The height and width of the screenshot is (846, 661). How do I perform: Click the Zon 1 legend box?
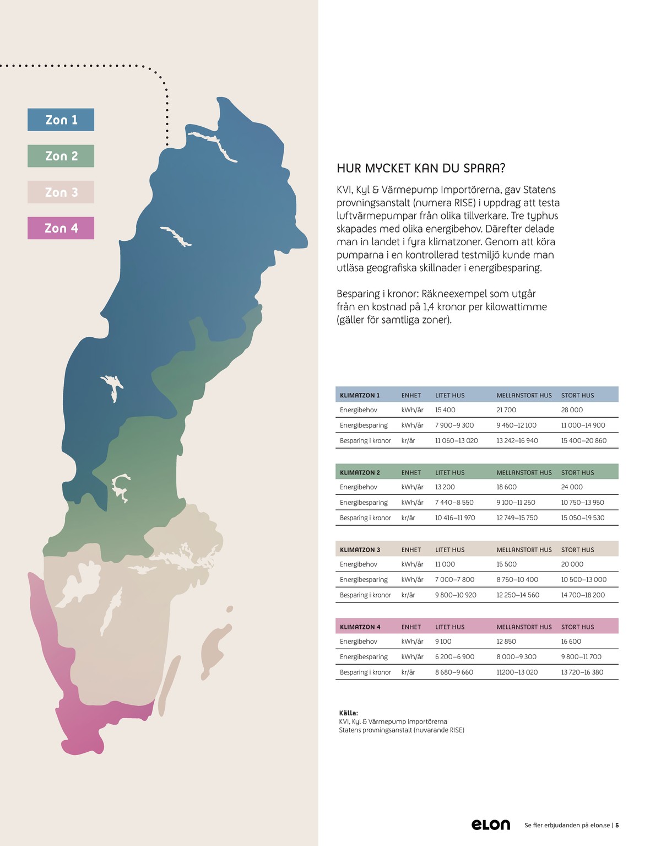pyautogui.click(x=61, y=120)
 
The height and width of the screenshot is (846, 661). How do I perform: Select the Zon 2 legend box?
pyautogui.click(x=61, y=156)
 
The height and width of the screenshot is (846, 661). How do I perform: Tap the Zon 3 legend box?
pyautogui.click(x=61, y=192)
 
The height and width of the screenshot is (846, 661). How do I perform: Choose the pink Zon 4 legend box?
pyautogui.click(x=61, y=228)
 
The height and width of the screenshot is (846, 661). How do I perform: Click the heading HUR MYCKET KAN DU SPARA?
pyautogui.click(x=421, y=169)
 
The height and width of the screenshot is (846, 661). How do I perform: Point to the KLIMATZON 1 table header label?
pyautogui.click(x=360, y=395)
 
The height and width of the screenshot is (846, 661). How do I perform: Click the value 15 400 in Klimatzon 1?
pyautogui.click(x=445, y=410)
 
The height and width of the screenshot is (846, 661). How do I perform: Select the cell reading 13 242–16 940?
pyautogui.click(x=517, y=441)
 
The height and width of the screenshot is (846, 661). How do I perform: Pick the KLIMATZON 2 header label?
pyautogui.click(x=360, y=472)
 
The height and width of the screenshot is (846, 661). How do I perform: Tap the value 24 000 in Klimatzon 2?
pyautogui.click(x=572, y=487)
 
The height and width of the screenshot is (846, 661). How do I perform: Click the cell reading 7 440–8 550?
pyautogui.click(x=454, y=503)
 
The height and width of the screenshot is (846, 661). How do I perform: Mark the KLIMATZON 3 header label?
pyautogui.click(x=360, y=549)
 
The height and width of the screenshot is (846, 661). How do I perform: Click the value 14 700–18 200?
pyautogui.click(x=583, y=595)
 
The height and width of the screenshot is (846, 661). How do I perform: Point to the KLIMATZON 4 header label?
pyautogui.click(x=360, y=627)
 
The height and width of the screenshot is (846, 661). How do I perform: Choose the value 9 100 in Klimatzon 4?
pyautogui.click(x=443, y=642)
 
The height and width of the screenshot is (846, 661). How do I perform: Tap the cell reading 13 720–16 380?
pyautogui.click(x=582, y=672)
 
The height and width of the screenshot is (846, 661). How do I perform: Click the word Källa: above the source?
pyautogui.click(x=349, y=713)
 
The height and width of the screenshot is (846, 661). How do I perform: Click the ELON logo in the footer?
pyautogui.click(x=491, y=825)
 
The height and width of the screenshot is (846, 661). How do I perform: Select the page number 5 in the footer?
pyautogui.click(x=617, y=826)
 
